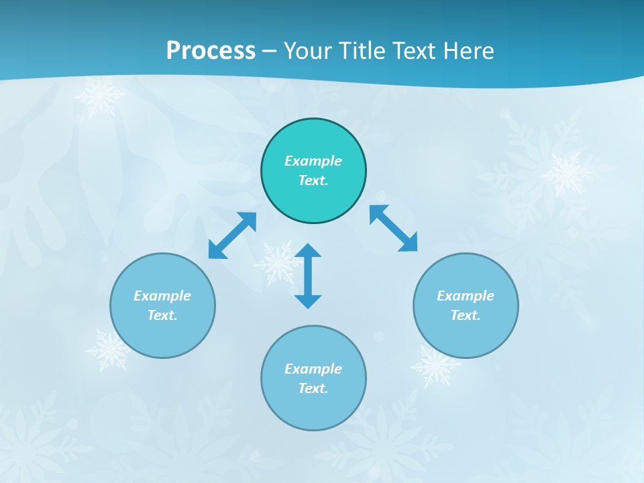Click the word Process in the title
211,50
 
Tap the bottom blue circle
313,409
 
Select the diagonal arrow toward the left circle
232,235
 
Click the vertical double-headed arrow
308,276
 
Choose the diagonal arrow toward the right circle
394,229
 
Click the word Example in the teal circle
313,161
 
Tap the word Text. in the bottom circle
313,388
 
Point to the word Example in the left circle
162,296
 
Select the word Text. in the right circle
466,315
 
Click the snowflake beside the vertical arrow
276,264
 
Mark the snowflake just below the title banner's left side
99,96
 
